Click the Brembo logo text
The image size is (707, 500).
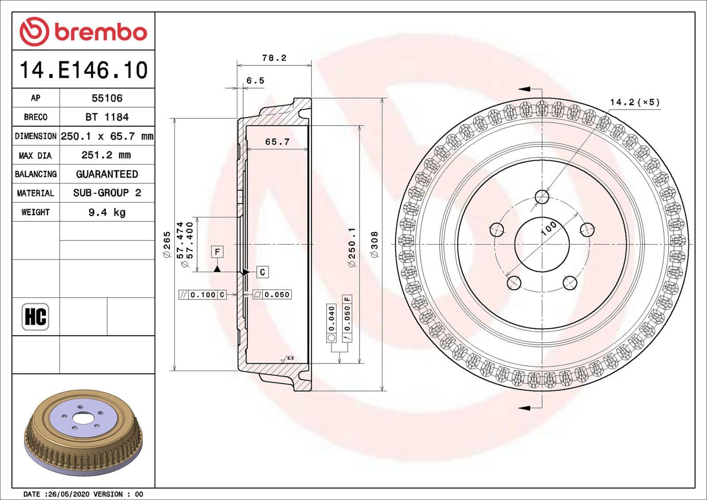tap(100, 32)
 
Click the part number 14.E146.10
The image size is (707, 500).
tap(84, 70)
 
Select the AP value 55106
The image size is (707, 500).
tap(107, 98)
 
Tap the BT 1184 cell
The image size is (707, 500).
tap(107, 117)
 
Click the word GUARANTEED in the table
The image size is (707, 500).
tap(107, 174)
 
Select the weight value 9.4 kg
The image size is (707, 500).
tap(107, 212)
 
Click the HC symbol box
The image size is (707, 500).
tap(35, 316)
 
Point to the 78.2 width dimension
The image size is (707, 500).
tap(274, 58)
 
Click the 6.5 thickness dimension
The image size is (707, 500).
tap(255, 80)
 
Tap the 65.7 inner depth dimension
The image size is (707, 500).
tap(277, 141)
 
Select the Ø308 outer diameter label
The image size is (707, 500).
tap(374, 244)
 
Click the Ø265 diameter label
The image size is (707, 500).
tap(167, 244)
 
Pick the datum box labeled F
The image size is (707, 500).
tap(217, 252)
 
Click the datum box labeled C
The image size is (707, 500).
tap(262, 272)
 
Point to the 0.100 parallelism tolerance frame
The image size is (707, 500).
tap(202, 295)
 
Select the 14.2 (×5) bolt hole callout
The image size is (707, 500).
tap(635, 102)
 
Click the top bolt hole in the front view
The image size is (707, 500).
tap(542, 197)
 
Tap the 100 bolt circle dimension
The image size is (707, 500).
tap(548, 228)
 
